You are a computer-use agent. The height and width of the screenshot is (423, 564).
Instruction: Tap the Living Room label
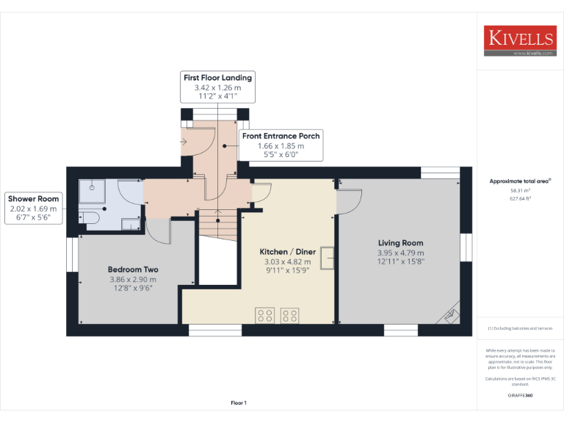[400, 243]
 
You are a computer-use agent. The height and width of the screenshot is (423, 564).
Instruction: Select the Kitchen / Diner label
[287, 251]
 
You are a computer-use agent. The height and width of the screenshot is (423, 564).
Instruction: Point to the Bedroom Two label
[133, 270]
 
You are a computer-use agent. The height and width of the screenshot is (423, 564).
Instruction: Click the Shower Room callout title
[33, 199]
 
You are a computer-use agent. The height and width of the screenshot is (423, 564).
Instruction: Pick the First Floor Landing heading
[217, 78]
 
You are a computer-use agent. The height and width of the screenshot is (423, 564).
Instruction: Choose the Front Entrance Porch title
[281, 136]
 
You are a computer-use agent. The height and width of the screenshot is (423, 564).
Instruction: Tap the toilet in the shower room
[90, 218]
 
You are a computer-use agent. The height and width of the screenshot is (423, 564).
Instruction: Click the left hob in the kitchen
[265, 315]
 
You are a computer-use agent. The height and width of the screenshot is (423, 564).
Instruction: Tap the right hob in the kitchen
[289, 315]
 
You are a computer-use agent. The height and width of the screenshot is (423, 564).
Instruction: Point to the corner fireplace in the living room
[449, 314]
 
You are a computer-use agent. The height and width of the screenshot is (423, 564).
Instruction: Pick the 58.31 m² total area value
[520, 189]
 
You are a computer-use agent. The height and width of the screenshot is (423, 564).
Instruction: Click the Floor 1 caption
[239, 403]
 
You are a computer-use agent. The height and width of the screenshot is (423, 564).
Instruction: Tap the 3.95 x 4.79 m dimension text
[400, 253]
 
